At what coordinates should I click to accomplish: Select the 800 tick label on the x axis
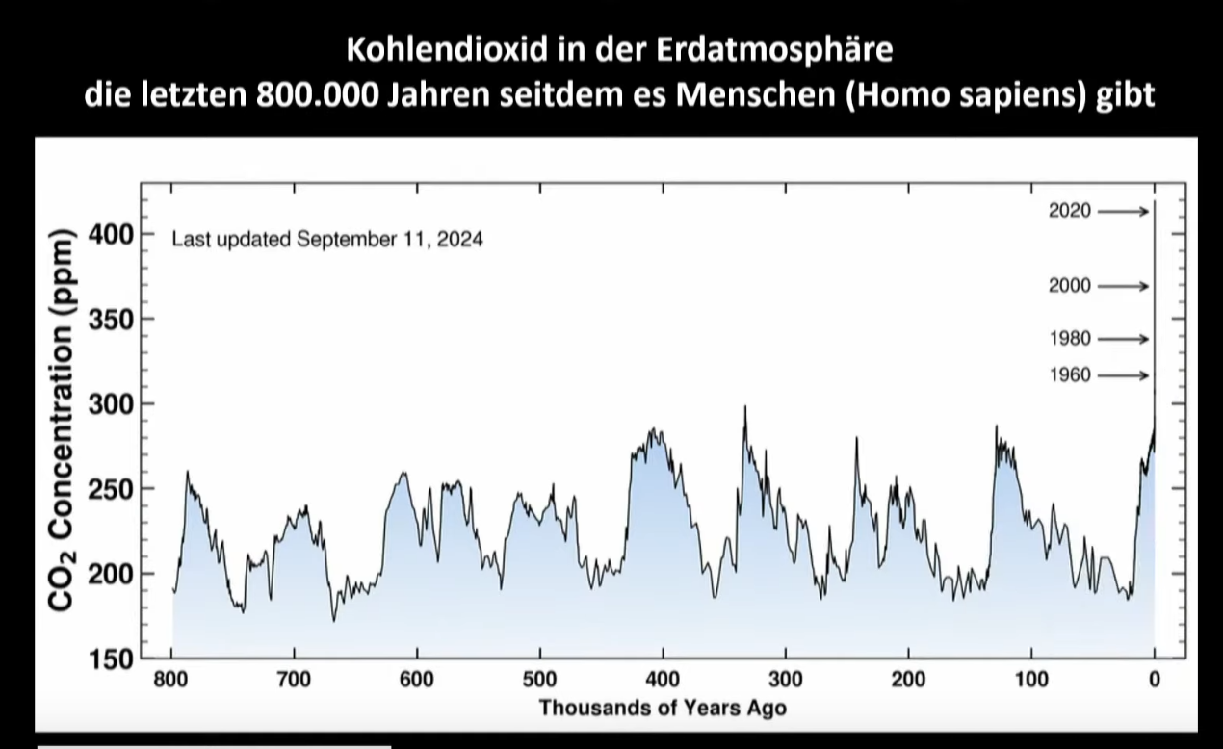pos(172,681)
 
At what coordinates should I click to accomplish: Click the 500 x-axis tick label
pos(540,681)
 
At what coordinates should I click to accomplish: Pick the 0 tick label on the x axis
pos(1154,681)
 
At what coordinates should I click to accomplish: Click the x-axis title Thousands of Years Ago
pos(663,709)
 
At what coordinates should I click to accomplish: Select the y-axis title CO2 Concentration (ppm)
pos(61,420)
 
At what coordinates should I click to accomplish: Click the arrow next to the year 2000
pos(1123,286)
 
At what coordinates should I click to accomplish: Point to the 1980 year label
pos(1071,339)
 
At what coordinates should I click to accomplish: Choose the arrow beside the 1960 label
pos(1123,375)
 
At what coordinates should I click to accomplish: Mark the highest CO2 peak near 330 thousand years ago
pos(744,407)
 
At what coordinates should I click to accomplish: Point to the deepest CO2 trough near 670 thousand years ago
pos(334,620)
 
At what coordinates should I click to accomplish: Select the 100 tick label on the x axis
pos(1031,681)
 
